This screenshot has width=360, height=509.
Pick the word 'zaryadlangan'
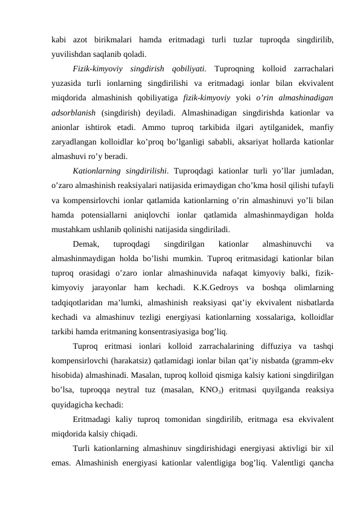pos(76,146)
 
